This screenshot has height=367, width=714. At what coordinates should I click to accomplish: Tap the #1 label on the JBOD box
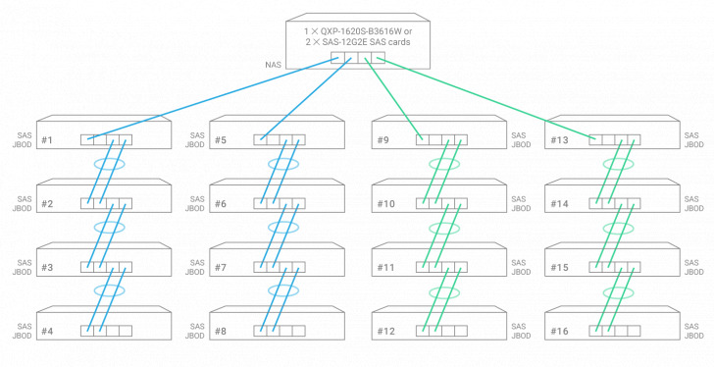click(47, 139)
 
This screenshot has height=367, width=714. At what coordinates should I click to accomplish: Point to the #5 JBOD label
click(221, 139)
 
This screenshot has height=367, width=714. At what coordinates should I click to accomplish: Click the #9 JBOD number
click(383, 139)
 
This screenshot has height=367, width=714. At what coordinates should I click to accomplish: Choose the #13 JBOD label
click(558, 139)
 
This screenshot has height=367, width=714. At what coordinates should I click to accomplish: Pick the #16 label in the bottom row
click(558, 331)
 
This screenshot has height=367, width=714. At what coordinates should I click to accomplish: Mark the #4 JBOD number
click(47, 331)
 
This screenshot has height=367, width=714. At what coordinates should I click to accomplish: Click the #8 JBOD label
click(221, 331)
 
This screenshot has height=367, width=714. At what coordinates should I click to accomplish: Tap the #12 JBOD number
click(385, 331)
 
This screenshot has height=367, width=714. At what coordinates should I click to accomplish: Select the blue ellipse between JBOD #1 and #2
click(109, 164)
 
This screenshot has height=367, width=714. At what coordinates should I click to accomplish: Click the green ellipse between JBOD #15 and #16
click(619, 291)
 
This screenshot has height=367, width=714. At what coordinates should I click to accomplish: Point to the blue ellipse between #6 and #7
click(282, 228)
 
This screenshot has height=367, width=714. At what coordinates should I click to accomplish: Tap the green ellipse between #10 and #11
click(444, 228)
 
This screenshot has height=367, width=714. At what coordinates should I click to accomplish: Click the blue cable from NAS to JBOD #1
click(216, 97)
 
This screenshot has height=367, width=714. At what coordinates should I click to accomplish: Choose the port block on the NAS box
click(358, 57)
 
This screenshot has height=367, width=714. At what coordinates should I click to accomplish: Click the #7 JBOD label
click(221, 267)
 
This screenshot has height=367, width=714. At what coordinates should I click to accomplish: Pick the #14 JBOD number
click(558, 203)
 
